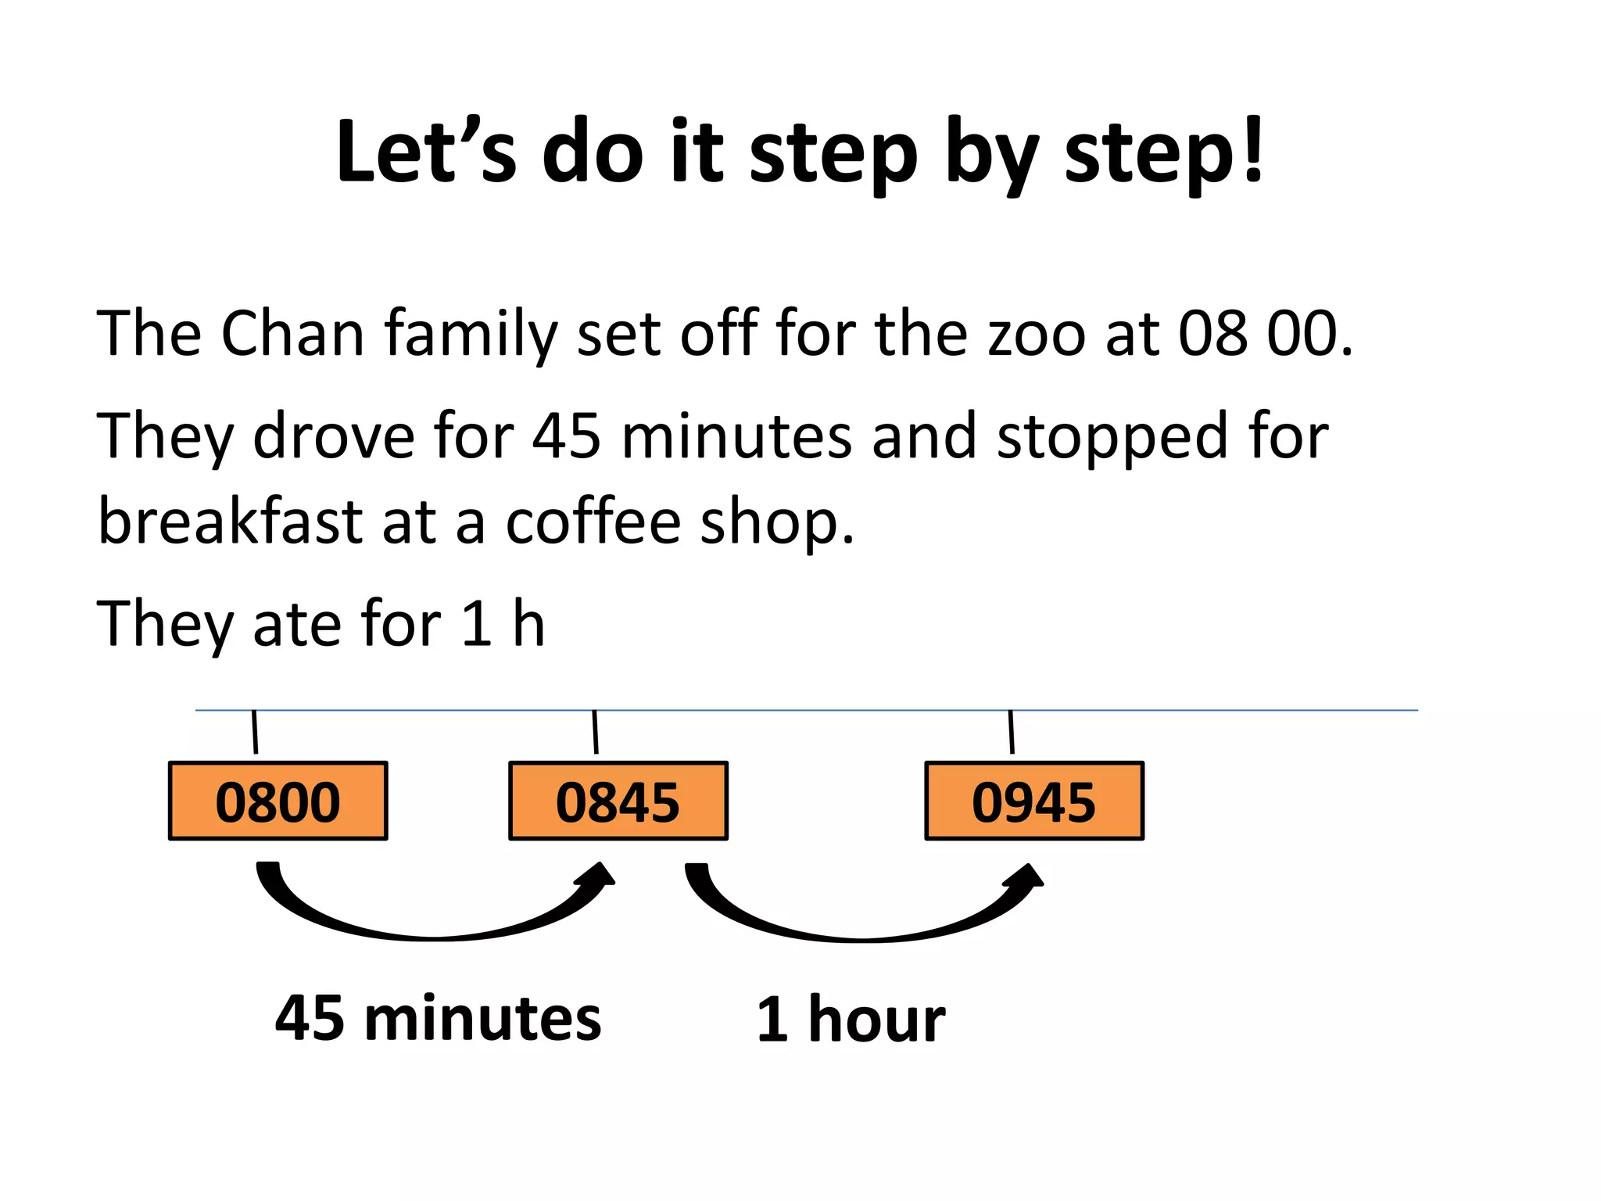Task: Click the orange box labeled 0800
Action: tap(278, 801)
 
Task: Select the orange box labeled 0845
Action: tap(618, 801)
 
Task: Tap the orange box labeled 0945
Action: tap(1034, 801)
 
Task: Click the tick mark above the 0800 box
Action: tap(254, 732)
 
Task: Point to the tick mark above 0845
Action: tap(596, 732)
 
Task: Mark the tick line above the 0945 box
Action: tap(1012, 732)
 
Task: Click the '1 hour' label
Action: tap(851, 1020)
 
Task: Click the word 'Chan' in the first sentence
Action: tap(292, 334)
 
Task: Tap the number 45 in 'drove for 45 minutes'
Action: tap(567, 436)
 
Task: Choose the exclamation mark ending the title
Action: tap(1253, 149)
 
